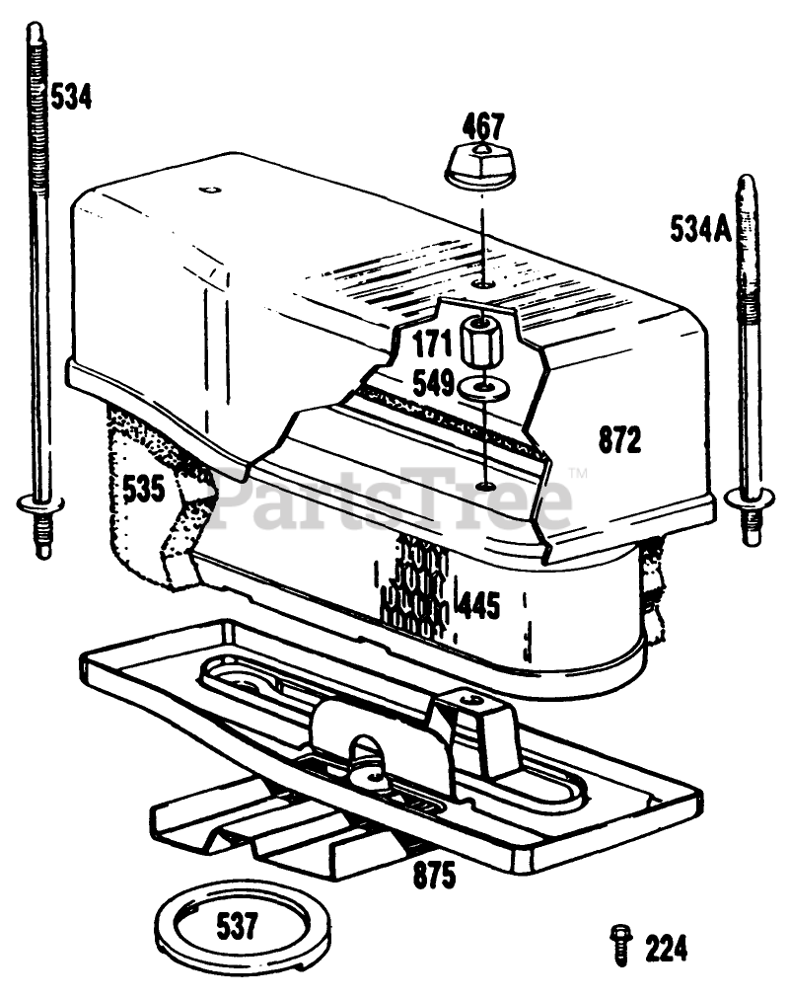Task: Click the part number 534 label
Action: pyautogui.click(x=71, y=98)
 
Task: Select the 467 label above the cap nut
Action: pyautogui.click(x=483, y=127)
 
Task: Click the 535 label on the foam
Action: pyautogui.click(x=143, y=489)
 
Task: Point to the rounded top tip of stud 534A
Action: pyautogui.click(x=748, y=181)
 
